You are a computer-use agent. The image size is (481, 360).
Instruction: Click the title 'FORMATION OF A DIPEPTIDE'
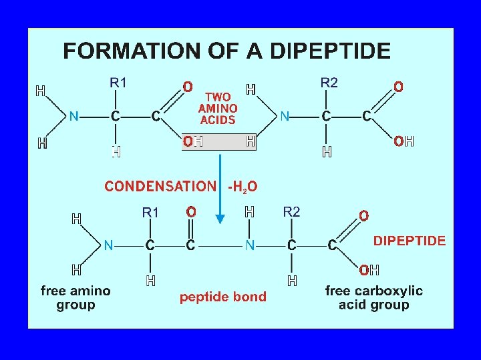pos(226,51)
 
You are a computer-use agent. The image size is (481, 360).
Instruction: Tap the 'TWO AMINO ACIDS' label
pos(218,109)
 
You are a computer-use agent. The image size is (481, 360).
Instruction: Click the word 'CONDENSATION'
pos(160,187)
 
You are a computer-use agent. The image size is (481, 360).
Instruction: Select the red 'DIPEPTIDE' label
pos(409,241)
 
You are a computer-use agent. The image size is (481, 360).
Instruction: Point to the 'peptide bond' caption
pos(222,297)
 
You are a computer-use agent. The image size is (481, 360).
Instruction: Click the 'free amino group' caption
pos(75,298)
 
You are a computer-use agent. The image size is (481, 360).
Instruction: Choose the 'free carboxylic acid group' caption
pos(373,298)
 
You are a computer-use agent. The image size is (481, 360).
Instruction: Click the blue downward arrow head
pos(221,221)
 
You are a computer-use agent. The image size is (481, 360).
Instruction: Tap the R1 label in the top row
pos(118,83)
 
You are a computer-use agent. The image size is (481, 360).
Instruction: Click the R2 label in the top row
pos(329,83)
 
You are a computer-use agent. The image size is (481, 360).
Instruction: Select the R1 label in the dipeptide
pos(150,212)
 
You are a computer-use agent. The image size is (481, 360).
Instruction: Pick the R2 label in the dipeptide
pos(292,212)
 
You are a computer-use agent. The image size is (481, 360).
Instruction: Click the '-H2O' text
pos(243,187)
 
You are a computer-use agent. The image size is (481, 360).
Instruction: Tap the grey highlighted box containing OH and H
pos(219,142)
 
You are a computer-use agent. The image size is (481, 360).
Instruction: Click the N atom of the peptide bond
pos(249,246)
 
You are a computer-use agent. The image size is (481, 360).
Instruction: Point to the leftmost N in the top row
pos(74,117)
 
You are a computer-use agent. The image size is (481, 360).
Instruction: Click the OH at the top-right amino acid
pos(404,141)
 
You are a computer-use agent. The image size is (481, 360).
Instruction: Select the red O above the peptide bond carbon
pos(191,212)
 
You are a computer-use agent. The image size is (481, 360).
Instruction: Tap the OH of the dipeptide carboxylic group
pos(369,271)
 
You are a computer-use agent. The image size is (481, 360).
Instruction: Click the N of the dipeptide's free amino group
pos(108,246)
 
